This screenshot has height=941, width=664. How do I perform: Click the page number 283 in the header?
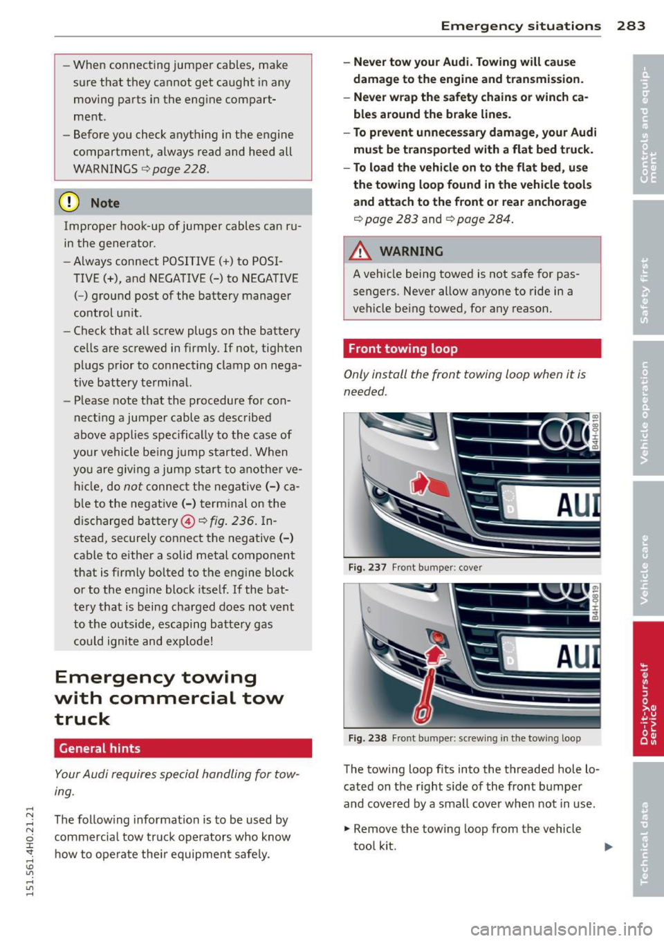click(x=631, y=26)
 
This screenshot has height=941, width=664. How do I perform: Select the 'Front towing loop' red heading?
click(x=403, y=349)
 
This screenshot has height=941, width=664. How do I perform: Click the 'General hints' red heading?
click(x=100, y=748)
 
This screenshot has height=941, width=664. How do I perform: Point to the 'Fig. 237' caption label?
click(x=367, y=568)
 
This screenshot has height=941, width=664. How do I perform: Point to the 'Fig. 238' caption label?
click(x=367, y=738)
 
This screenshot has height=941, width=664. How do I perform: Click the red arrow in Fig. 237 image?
click(x=420, y=483)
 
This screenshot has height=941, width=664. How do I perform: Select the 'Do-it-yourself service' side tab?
click(x=647, y=689)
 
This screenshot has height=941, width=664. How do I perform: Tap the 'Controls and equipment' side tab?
click(x=647, y=124)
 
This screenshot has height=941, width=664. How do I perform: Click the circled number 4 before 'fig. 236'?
click(x=187, y=521)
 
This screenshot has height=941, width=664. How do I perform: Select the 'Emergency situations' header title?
click(x=521, y=26)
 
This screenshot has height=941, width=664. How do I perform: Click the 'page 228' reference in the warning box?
click(x=180, y=169)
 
